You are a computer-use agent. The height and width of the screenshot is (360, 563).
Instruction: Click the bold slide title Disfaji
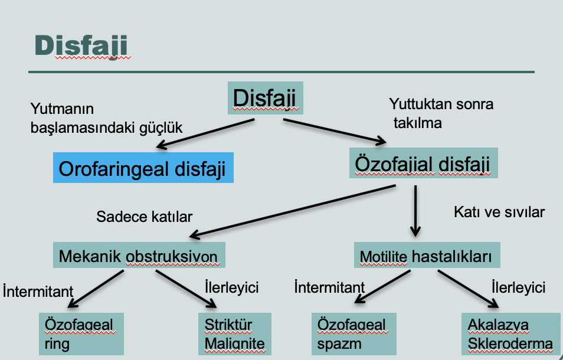pyautogui.click(x=81, y=45)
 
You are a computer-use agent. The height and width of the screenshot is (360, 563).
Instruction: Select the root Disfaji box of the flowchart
pyautogui.click(x=266, y=98)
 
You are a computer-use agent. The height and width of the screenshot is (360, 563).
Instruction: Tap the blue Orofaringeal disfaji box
pyautogui.click(x=143, y=168)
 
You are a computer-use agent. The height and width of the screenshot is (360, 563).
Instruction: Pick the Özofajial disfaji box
pyautogui.click(x=423, y=163)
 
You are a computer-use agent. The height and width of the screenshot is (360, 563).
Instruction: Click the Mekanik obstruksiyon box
pyautogui.click(x=139, y=255)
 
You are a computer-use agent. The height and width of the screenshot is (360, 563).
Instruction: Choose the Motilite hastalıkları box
pyautogui.click(x=427, y=255)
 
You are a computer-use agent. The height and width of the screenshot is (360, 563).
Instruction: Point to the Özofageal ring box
pyautogui.click(x=81, y=334)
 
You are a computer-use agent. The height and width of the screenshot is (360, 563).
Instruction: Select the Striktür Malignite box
pyautogui.click(x=235, y=334)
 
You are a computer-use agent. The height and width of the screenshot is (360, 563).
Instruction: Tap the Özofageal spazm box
pyautogui.click(x=353, y=334)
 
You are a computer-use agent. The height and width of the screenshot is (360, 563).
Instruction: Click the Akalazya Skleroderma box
pyautogui.click(x=510, y=334)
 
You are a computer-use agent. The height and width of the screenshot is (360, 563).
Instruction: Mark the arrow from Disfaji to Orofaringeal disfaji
pyautogui.click(x=205, y=133)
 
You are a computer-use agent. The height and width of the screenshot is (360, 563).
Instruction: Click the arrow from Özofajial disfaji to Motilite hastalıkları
pyautogui.click(x=415, y=211)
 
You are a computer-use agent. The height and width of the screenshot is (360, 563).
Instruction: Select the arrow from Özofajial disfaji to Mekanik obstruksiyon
pyautogui.click(x=292, y=212)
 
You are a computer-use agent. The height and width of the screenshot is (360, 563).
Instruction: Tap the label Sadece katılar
pyautogui.click(x=145, y=217)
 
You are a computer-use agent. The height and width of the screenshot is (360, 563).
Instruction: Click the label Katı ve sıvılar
pyautogui.click(x=499, y=212)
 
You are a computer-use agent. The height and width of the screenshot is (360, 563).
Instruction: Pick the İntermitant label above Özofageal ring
pyautogui.click(x=38, y=291)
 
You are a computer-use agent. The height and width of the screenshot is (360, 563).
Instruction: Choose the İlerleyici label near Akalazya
pyautogui.click(x=519, y=287)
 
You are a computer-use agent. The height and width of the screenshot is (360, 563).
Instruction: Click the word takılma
pyautogui.click(x=418, y=123)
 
